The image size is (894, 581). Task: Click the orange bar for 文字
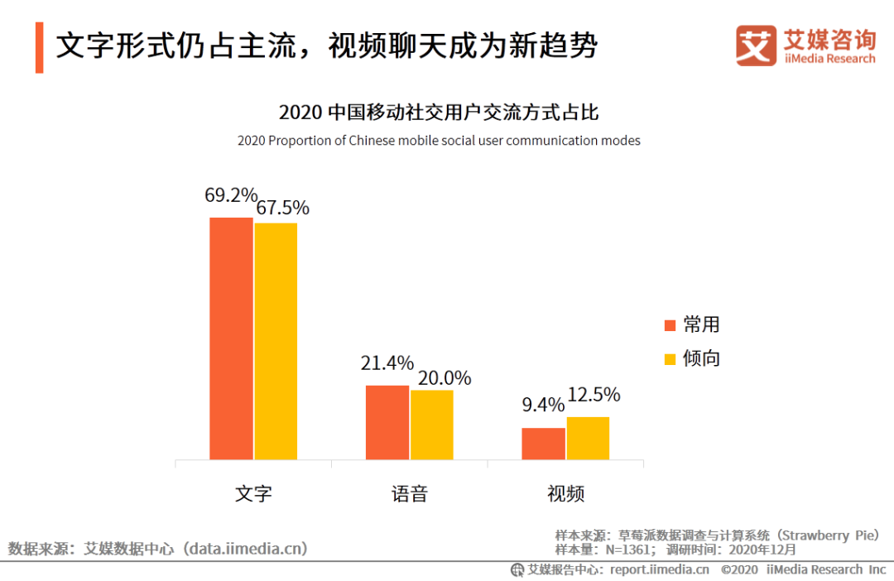(x=231, y=339)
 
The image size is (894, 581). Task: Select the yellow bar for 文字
(x=276, y=341)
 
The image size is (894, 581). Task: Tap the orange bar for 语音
(x=387, y=422)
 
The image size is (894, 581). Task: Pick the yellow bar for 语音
(x=432, y=425)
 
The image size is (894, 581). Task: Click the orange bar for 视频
(x=543, y=444)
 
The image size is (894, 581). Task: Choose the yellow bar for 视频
(x=588, y=438)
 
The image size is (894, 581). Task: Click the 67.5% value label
(x=282, y=208)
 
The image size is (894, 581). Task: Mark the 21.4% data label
(x=387, y=363)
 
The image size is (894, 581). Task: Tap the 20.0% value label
(x=444, y=378)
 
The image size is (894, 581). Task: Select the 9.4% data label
(x=543, y=406)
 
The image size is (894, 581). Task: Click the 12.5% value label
(x=593, y=395)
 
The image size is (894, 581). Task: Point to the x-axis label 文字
(x=253, y=494)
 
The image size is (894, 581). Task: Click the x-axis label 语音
(x=409, y=494)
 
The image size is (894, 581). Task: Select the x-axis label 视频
(x=565, y=494)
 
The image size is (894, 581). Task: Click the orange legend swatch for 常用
(x=671, y=324)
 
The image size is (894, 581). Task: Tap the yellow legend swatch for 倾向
(x=671, y=359)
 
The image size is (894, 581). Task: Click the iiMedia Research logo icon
(x=756, y=46)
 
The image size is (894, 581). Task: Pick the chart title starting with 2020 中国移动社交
(x=438, y=113)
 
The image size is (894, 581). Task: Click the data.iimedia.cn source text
(x=246, y=548)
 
